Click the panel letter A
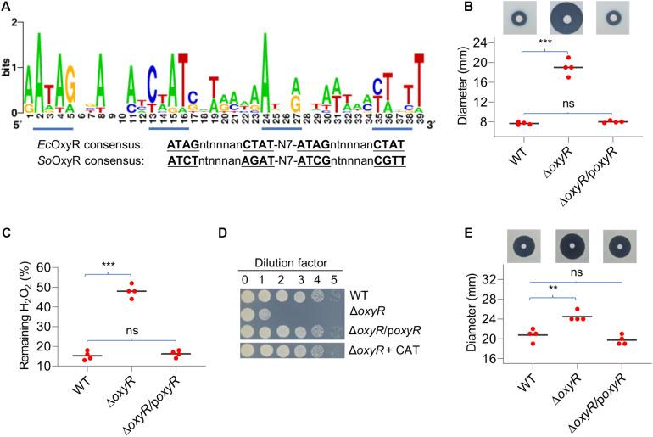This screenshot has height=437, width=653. click(x=7, y=7)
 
